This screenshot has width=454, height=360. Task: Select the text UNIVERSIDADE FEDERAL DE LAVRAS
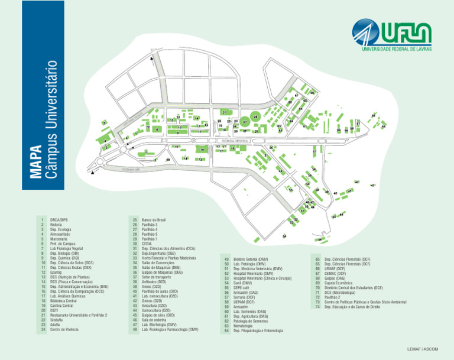392,49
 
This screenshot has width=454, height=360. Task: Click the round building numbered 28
255,118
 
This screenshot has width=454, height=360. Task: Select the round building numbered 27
245,122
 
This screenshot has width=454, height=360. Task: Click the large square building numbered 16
202,150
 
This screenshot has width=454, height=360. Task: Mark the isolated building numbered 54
284,237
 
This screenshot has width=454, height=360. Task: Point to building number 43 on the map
373,186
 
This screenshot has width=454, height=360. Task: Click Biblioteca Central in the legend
64,301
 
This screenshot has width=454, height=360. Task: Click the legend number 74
318,306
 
